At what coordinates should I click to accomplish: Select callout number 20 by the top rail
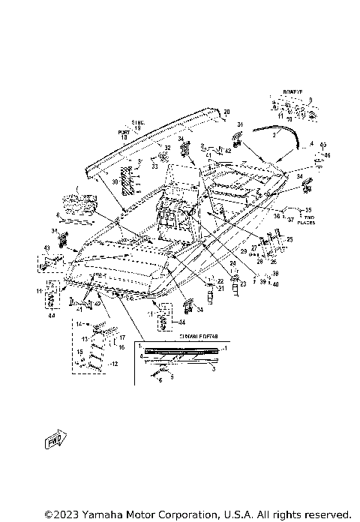pos(225,112)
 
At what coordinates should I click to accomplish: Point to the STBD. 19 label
pos(137,124)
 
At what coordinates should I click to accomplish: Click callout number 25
pos(289,239)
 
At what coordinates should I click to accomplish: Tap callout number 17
pos(121,337)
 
